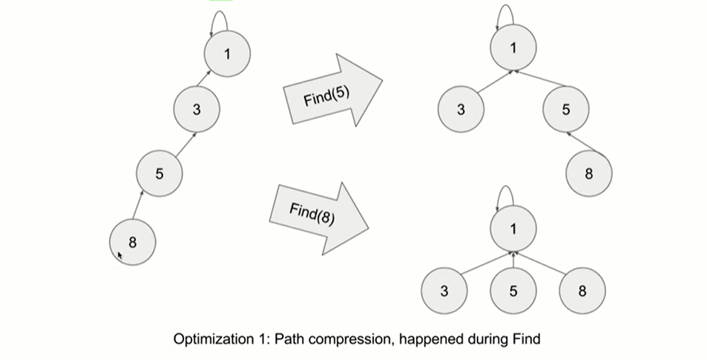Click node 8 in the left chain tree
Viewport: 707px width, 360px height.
[133, 242]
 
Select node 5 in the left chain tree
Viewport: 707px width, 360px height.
[160, 174]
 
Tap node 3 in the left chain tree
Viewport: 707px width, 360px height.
[197, 110]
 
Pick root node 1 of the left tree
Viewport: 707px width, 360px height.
[228, 54]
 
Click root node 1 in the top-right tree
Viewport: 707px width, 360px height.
[513, 48]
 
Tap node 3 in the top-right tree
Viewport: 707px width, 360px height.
[461, 111]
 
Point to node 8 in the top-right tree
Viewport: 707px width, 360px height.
[589, 174]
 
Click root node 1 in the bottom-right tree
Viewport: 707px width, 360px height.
[513, 229]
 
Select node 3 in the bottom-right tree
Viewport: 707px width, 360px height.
[444, 291]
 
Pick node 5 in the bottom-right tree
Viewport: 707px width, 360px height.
[513, 291]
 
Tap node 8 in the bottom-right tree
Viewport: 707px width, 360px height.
[582, 291]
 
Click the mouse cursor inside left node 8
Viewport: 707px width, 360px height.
[120, 256]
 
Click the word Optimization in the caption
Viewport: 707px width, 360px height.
[210, 339]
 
